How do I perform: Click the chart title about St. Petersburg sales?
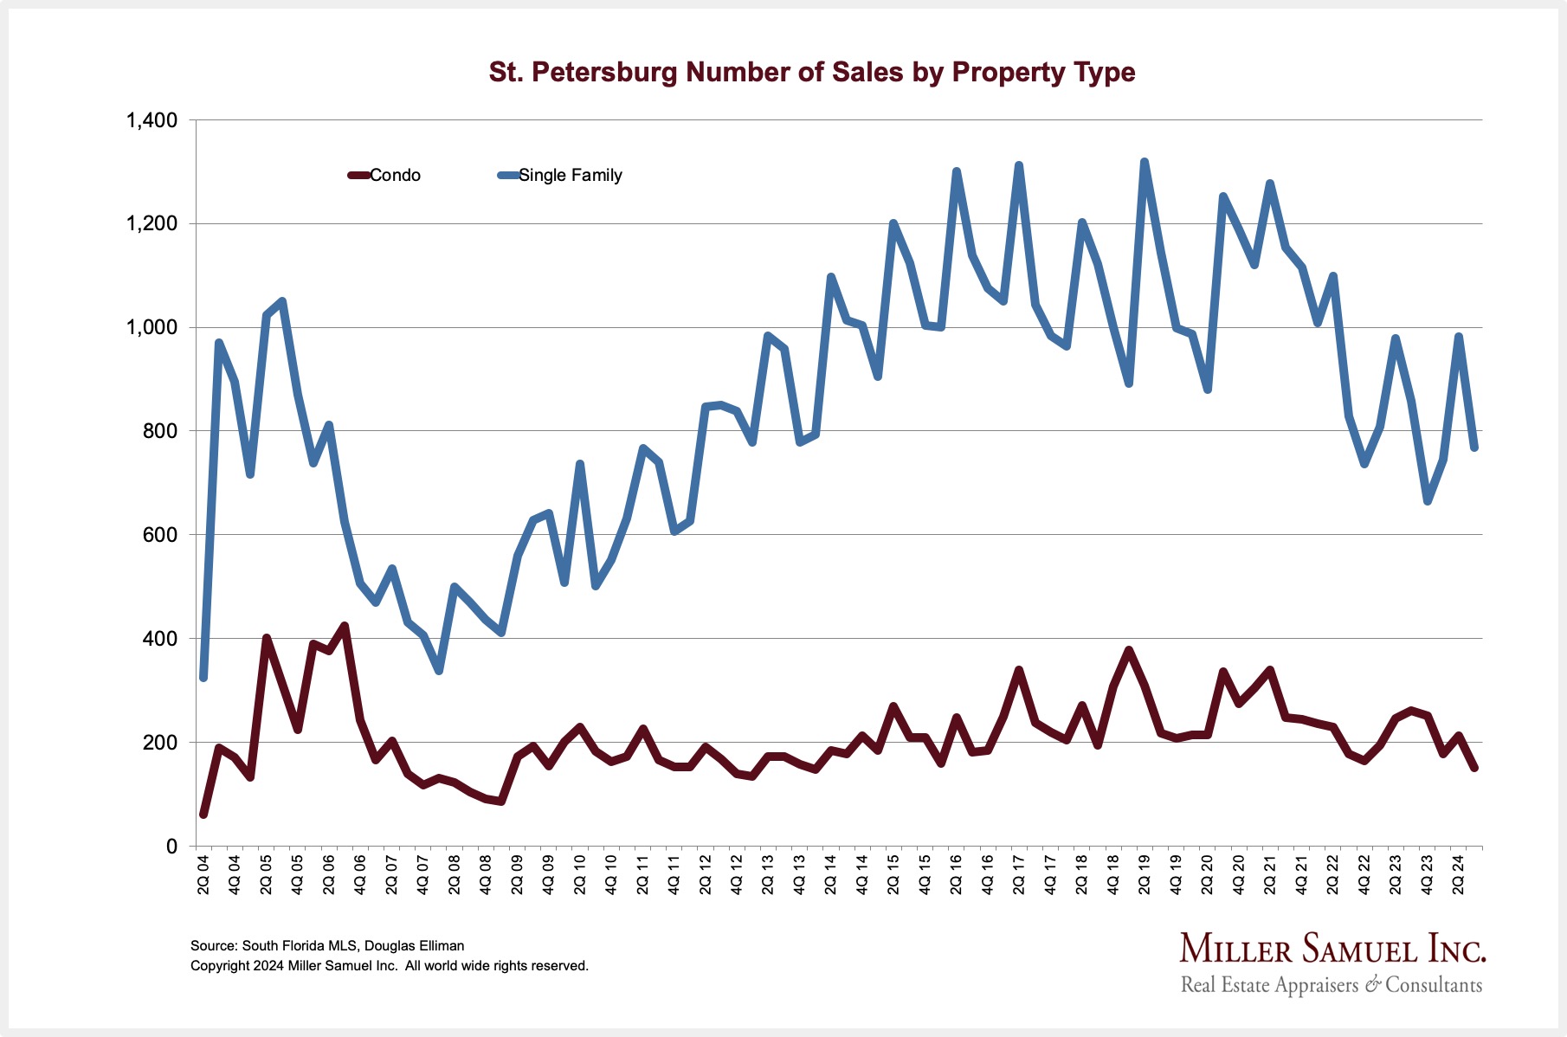[x=811, y=72]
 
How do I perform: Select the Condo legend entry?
[x=385, y=176]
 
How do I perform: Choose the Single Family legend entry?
[x=561, y=176]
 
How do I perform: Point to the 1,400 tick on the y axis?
[x=152, y=120]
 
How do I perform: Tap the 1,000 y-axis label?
[x=152, y=328]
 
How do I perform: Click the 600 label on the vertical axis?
[x=159, y=535]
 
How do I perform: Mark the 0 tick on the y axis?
[x=171, y=847]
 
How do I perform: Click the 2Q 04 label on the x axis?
[x=203, y=875]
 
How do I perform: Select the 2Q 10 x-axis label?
[x=580, y=875]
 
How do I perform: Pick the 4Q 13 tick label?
[x=799, y=875]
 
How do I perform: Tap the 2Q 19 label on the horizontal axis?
[x=1145, y=875]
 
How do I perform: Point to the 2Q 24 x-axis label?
[x=1458, y=875]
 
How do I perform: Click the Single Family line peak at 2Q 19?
[x=1145, y=162]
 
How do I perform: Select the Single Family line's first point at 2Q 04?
[x=203, y=677]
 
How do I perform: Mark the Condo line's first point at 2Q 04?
[x=203, y=814]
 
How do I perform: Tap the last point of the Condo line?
[x=1474, y=768]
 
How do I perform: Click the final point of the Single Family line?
[x=1474, y=447]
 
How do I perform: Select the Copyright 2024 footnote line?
[x=390, y=966]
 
